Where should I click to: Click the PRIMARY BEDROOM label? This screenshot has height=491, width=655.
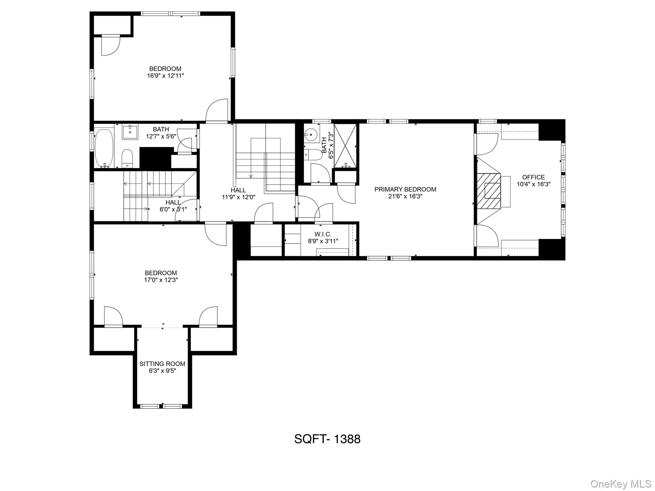point(405,189)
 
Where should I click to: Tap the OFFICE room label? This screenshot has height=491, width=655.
point(533,177)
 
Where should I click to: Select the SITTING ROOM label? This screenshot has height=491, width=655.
point(162,364)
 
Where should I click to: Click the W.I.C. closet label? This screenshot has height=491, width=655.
point(323,234)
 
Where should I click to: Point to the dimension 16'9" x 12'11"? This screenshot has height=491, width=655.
point(165,76)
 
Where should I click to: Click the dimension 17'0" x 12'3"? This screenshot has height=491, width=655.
point(161,280)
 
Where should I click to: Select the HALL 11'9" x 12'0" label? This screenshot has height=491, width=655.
point(238,193)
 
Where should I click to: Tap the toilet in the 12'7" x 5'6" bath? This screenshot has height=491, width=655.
point(127,158)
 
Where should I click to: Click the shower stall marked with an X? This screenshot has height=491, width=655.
point(345,145)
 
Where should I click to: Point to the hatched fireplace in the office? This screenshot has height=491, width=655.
point(488,191)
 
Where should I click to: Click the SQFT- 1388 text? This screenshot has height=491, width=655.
point(327,439)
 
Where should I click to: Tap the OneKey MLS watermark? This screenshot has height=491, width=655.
point(621,484)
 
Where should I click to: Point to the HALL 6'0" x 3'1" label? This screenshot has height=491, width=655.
point(173,206)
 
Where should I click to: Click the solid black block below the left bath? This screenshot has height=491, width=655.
point(155,158)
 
